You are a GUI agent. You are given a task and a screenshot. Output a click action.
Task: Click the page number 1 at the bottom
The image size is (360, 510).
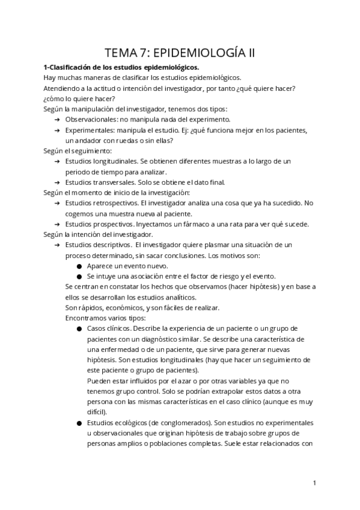[x=314, y=482]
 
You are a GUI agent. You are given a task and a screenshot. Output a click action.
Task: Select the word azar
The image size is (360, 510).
[x=168, y=381]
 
